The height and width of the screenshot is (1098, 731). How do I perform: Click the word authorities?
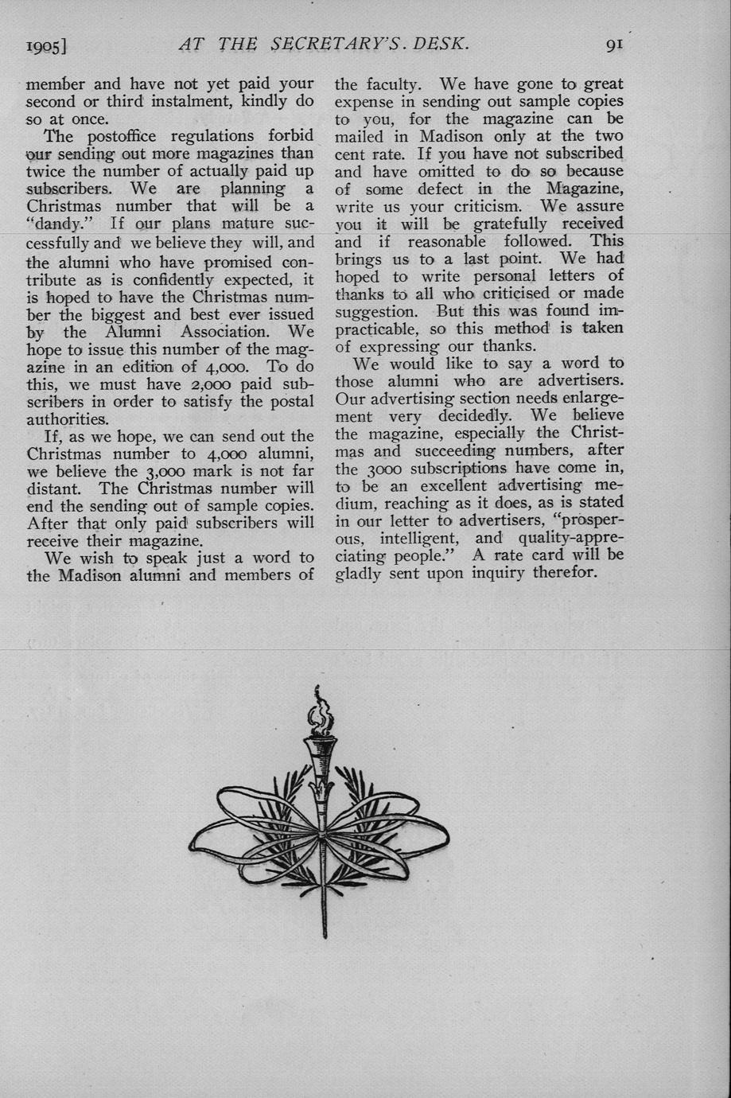(x=68, y=419)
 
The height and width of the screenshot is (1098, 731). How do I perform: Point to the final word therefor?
(x=561, y=572)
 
